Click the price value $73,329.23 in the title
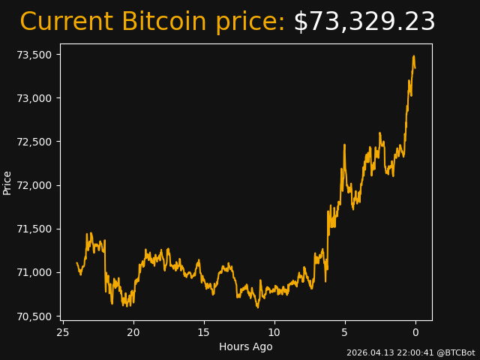click(364, 22)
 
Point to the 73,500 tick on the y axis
click(34, 55)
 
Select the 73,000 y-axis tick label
click(34, 98)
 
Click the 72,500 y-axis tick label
click(34, 142)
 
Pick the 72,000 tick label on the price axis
click(34, 185)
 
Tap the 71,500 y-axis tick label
click(34, 229)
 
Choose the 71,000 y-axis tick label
click(34, 272)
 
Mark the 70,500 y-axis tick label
click(34, 316)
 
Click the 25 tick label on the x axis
click(63, 332)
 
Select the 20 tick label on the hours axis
click(133, 332)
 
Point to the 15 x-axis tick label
click(204, 332)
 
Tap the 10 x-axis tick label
click(274, 332)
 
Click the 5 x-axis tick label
click(345, 332)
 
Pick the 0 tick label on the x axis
click(415, 332)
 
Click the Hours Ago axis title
click(246, 346)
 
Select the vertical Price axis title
click(7, 182)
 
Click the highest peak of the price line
click(413, 56)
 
